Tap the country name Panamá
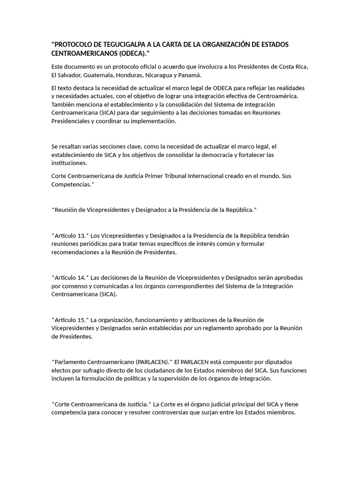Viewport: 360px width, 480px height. click(192, 75)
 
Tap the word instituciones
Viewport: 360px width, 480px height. click(69, 163)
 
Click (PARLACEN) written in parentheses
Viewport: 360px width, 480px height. click(152, 362)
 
